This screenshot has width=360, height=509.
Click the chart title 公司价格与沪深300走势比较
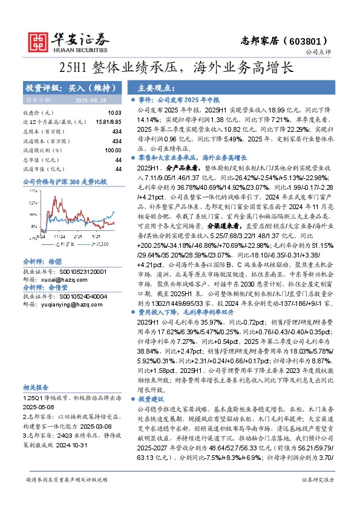[x=64, y=181]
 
